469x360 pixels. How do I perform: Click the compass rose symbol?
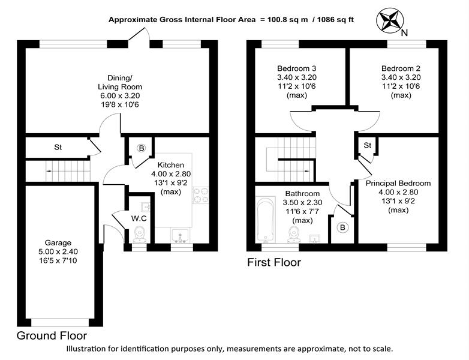389,20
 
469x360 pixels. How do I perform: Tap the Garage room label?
58,242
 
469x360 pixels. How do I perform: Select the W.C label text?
139,218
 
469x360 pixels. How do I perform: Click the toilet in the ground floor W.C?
139,234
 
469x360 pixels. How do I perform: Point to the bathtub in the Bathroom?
266,219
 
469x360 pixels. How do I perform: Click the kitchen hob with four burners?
201,195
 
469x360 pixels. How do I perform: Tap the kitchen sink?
180,236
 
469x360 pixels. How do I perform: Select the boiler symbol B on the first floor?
342,228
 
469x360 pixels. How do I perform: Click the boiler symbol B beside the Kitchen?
142,148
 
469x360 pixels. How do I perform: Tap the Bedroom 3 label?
296,68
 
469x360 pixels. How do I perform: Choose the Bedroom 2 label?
401,68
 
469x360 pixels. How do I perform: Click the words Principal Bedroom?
398,183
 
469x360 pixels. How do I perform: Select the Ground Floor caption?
52,336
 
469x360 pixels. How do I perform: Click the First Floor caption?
274,262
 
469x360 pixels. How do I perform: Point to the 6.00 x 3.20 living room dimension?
120,96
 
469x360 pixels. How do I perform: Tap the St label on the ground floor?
58,147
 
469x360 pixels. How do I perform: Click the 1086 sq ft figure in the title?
335,20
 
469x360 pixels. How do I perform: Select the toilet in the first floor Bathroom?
294,234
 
